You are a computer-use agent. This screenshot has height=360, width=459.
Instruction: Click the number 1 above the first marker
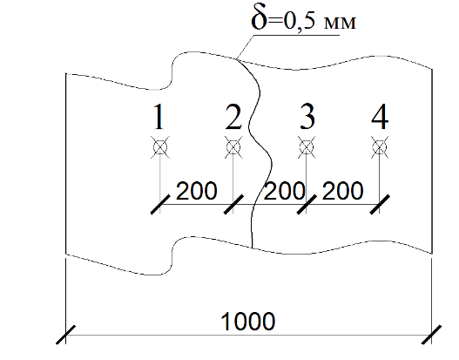pyautogui.click(x=159, y=117)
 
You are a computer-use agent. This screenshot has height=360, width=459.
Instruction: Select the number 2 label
pyautogui.click(x=233, y=117)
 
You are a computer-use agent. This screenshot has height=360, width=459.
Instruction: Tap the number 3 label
pyautogui.click(x=307, y=117)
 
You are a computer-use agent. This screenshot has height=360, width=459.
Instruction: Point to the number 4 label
pyautogui.click(x=380, y=117)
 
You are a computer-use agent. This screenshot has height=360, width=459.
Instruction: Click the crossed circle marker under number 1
pyautogui.click(x=160, y=147)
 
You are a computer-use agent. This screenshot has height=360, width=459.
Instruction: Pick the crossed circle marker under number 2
pyautogui.click(x=233, y=147)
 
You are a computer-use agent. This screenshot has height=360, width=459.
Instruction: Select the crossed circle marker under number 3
pyautogui.click(x=307, y=147)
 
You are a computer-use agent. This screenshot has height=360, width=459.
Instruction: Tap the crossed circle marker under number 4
pyautogui.click(x=380, y=147)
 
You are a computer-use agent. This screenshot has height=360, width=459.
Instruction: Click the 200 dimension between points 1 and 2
pyautogui.click(x=197, y=191)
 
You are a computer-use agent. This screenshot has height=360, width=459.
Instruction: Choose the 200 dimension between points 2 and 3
pyautogui.click(x=284, y=191)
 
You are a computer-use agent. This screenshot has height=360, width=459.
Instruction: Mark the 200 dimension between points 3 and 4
pyautogui.click(x=342, y=191)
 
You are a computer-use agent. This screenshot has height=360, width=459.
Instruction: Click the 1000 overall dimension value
pyautogui.click(x=247, y=322)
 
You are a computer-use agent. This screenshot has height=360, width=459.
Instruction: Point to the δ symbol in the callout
pyautogui.click(x=260, y=18)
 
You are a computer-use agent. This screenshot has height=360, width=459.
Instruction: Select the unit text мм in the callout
pyautogui.click(x=340, y=23)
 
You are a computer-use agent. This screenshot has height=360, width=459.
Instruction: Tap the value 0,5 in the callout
pyautogui.click(x=299, y=21)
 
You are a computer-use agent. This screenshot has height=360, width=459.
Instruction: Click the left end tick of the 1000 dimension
pyautogui.click(x=65, y=335)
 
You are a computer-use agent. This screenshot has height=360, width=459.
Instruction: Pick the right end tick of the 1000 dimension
pyautogui.click(x=431, y=335)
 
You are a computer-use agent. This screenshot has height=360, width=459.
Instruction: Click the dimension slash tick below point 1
pyautogui.click(x=160, y=204)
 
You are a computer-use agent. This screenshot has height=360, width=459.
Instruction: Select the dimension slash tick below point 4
pyautogui.click(x=380, y=204)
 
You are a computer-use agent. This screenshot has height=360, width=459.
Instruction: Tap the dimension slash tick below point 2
pyautogui.click(x=233, y=204)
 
